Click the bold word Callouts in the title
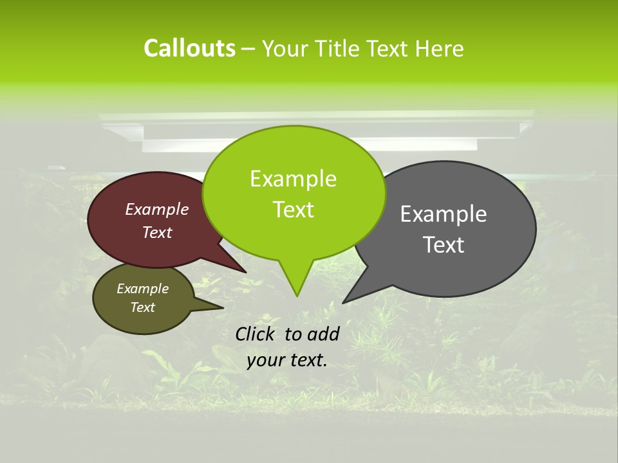pos(189,48)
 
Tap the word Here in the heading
pos(438,48)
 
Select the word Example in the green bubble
pos(293,179)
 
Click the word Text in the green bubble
pos(293,210)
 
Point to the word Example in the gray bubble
pos(444,214)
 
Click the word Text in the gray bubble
pos(444,245)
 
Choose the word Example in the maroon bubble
pos(157,209)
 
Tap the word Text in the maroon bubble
pos(157,233)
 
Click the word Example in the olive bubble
pos(142,289)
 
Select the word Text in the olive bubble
pos(142,307)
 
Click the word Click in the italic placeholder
pos(256,334)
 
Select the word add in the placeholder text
pos(323,334)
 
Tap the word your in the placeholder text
pos(265,360)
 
